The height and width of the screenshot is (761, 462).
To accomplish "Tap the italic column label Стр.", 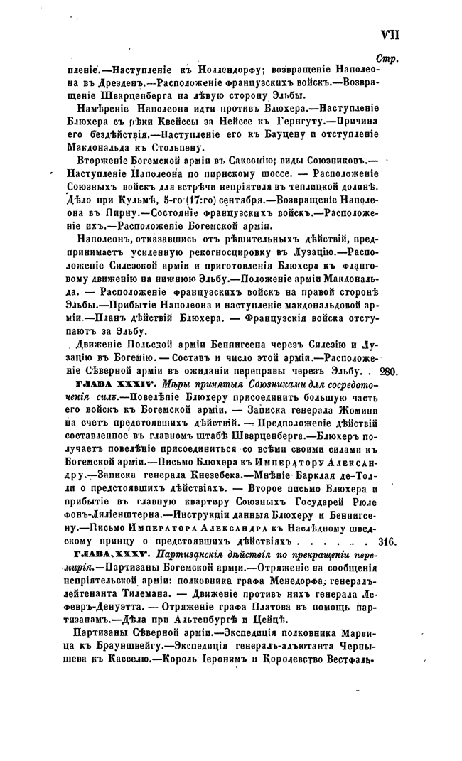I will [387, 59].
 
